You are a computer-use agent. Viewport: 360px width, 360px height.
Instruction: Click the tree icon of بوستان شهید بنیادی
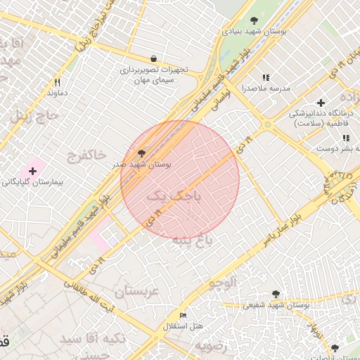pos(254,20)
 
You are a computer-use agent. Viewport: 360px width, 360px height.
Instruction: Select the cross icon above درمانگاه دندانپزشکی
pos(321,103)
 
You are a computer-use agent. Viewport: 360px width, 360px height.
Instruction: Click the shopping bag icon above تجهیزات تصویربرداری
pos(153,58)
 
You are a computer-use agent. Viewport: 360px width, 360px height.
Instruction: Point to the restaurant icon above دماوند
pos(58,82)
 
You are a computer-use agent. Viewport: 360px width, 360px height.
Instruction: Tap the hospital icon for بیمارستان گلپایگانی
pos(32,171)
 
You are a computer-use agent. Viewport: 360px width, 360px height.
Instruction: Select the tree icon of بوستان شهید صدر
pos(142,152)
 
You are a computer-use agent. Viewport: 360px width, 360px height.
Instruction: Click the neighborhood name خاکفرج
pos(86,153)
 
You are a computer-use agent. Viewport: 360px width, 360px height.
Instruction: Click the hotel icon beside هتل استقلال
pos(184,315)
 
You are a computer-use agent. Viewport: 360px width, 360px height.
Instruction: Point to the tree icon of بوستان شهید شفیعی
pos(275,294)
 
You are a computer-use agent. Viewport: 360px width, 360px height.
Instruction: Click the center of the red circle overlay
pos(180,180)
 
